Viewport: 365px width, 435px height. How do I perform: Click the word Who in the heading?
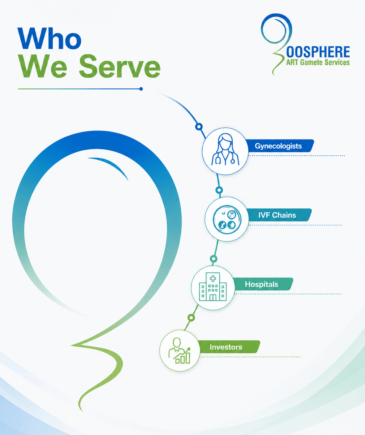click(50, 38)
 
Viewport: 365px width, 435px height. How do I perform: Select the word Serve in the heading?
click(120, 66)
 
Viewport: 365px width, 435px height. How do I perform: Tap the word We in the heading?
click(43, 66)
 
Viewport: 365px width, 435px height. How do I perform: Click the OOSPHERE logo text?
click(318, 52)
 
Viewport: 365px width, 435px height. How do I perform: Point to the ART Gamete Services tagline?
click(318, 62)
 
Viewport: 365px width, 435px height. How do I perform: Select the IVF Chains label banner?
click(279, 215)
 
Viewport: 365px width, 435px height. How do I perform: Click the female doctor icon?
click(225, 150)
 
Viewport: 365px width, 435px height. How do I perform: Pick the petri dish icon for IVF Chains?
click(227, 219)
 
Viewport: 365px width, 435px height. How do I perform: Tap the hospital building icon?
click(213, 287)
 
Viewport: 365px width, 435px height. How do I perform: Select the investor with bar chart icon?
click(179, 350)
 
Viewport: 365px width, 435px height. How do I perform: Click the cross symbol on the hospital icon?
click(213, 278)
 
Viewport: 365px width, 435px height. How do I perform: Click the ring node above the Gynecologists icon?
click(199, 126)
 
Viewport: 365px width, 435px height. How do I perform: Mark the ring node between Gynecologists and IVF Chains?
click(219, 190)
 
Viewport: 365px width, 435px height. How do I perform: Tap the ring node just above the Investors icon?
click(191, 318)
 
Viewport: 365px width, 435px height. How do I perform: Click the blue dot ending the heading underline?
click(141, 89)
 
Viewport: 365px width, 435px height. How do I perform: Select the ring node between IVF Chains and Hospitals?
click(213, 259)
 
